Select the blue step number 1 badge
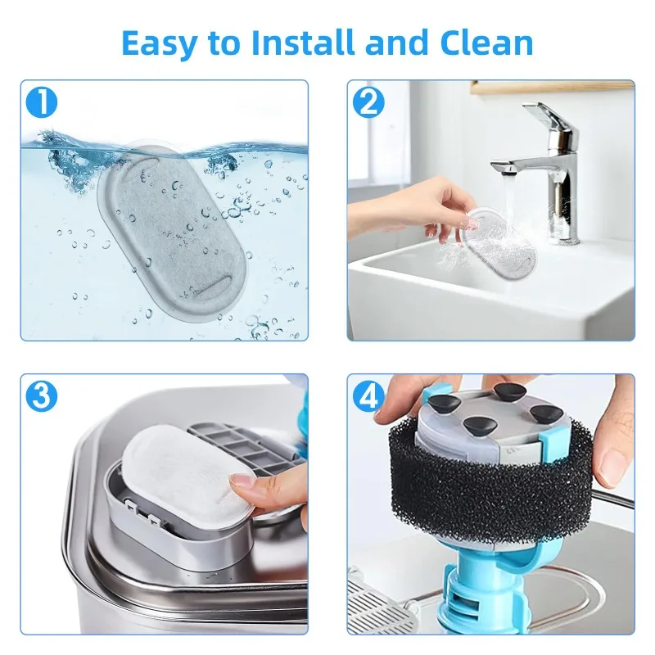point(42,103)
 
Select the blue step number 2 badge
point(368,103)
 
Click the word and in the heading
point(400,43)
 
